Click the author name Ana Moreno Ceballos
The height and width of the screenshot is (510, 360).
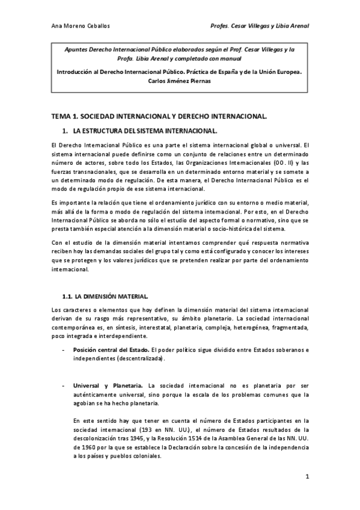click(80, 26)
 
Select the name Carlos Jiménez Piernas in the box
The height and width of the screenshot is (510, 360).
click(180, 81)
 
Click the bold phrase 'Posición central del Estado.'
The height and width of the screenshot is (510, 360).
click(111, 349)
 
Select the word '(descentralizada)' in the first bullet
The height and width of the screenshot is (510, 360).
click(138, 358)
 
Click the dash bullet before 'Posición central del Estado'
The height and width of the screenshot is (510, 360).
click(63, 349)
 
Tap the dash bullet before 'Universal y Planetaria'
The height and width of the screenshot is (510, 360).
click(63, 386)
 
